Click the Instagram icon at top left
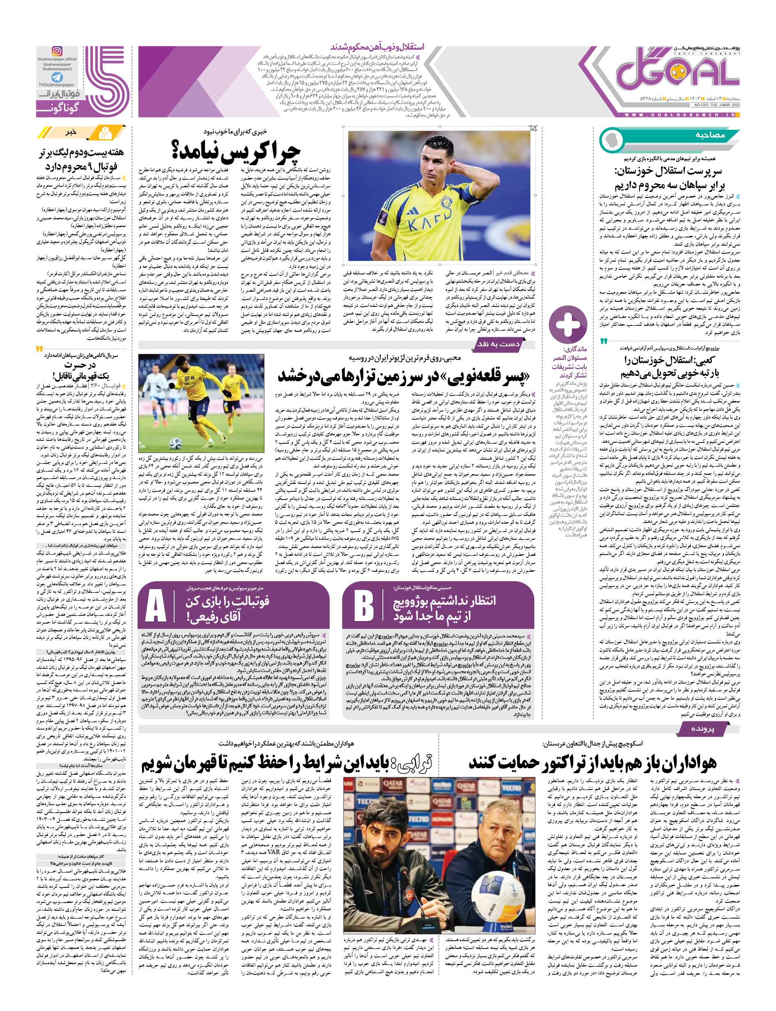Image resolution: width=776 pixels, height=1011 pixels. point(57,51)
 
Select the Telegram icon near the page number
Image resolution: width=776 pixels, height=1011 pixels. point(57,77)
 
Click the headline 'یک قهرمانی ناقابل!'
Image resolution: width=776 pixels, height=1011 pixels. point(78,375)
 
